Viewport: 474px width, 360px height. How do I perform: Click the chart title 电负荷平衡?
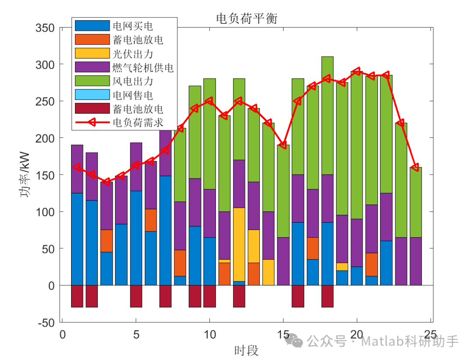click(247, 18)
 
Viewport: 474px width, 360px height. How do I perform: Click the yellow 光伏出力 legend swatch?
click(92, 53)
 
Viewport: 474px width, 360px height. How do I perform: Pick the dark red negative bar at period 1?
click(77, 296)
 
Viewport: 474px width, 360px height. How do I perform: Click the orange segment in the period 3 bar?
click(107, 241)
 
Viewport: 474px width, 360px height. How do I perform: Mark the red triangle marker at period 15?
click(284, 145)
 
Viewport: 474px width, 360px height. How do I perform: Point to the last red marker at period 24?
click(415, 168)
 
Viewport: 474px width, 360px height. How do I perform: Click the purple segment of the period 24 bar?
click(416, 261)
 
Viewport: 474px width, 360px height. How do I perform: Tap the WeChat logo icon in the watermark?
click(294, 341)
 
